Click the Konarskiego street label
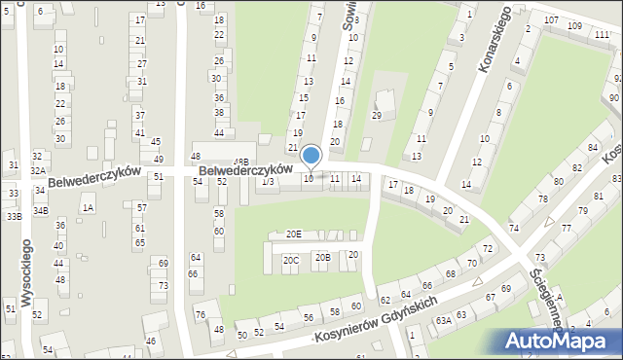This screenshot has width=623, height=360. pos(495,43)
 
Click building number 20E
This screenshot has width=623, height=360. pos(293,234)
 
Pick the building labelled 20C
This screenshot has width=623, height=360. pos(290,260)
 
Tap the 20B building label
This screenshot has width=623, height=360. pos(322,257)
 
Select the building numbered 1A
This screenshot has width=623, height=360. pos(89,207)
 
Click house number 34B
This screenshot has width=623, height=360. pos(40,210)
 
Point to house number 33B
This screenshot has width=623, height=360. pos(13,216)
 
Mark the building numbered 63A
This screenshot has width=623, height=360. pos(442,320)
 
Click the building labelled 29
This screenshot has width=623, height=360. pos(376,116)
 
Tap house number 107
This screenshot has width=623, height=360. pos(551,20)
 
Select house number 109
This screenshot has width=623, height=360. pos(574,25)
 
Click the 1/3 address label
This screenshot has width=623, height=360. pos(268,182)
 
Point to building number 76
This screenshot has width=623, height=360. pos(200,314)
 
